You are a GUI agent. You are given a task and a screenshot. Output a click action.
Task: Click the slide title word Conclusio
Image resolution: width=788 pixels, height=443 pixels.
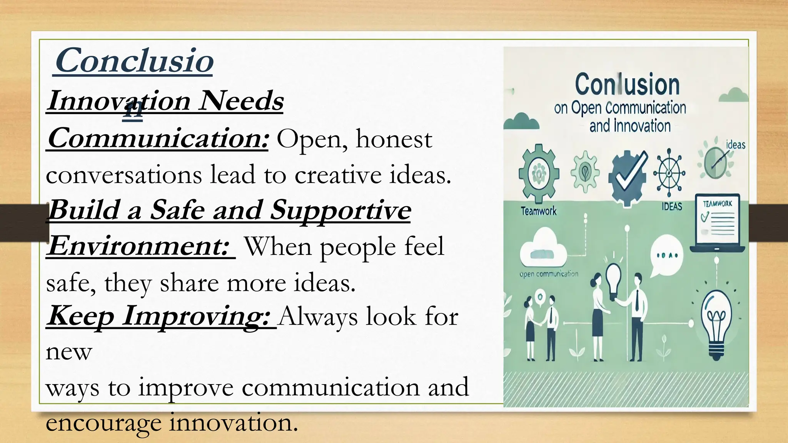point(134,61)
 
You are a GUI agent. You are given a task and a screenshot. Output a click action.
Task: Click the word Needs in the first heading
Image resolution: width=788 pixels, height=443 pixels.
point(241,101)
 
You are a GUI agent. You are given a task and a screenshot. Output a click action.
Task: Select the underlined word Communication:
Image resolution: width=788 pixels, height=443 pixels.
point(158,138)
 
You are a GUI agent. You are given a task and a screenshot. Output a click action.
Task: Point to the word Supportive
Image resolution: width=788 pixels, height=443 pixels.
point(341,210)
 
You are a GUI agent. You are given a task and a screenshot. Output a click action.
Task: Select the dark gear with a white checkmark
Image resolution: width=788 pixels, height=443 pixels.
point(627,177)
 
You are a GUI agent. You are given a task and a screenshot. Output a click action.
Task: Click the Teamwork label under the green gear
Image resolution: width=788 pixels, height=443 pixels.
point(538,211)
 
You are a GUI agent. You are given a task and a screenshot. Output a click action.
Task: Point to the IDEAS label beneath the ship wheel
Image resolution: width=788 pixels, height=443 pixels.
point(672,207)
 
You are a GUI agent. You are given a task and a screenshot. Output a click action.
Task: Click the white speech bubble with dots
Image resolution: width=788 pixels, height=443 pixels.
point(667,255)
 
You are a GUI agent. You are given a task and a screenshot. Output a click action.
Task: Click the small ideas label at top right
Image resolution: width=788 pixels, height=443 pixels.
point(735,145)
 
